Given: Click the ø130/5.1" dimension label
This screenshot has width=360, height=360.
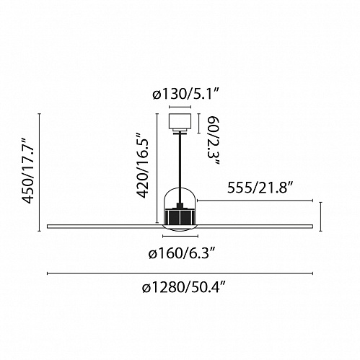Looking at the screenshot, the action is point(185,95).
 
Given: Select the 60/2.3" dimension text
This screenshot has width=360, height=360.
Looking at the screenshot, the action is point(213,141).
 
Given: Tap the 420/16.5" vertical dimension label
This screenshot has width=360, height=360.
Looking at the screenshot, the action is point(142,165).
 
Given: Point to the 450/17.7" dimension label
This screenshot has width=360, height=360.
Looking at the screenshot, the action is point(28,170).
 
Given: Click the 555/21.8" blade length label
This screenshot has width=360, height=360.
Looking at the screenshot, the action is point(260,188).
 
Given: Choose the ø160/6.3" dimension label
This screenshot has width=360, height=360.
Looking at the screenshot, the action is point(182,253).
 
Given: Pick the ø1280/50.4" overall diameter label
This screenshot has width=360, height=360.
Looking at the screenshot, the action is point(184,287).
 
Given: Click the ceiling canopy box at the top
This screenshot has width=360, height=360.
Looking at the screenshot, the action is point(180,121).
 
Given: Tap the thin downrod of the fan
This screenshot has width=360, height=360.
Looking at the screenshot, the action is point(180,168).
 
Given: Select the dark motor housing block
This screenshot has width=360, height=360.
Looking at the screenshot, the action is point(180,216).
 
